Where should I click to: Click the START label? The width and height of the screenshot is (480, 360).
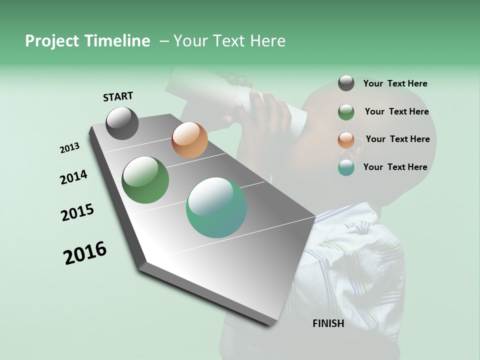tap(118, 96)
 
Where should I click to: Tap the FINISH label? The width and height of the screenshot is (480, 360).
tap(328, 323)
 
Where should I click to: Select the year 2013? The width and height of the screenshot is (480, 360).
tap(69, 148)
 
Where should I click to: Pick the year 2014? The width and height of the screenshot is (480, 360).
tap(74, 177)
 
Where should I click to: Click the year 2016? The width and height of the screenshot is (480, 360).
tap(85, 253)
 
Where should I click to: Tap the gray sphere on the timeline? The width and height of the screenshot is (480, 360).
tap(122, 123)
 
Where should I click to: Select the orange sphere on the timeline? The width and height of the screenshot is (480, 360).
tap(189, 140)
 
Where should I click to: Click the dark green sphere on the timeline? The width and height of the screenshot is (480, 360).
tap(145, 180)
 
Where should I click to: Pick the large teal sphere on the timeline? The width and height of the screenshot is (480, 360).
tap(216, 207)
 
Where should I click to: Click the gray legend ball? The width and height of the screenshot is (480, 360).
tap(346, 83)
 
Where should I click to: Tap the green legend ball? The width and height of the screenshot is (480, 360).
tap(346, 112)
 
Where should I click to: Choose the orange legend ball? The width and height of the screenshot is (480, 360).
tap(346, 140)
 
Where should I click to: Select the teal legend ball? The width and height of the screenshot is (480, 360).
tap(346, 167)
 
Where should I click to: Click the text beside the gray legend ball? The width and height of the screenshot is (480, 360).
tap(395, 83)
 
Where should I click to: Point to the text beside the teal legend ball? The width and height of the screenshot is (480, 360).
tap(395, 167)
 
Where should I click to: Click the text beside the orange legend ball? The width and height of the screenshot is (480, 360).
tap(397, 139)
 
